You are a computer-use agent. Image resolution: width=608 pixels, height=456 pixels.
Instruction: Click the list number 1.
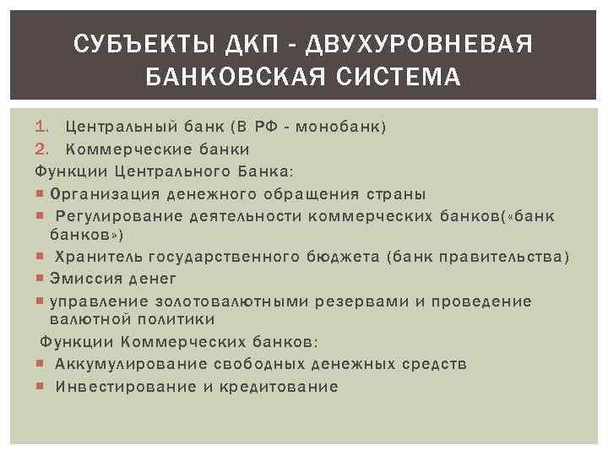[41, 128]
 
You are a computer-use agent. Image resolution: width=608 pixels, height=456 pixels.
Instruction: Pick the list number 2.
[41, 149]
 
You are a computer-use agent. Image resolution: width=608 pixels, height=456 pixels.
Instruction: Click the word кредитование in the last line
[279, 387]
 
